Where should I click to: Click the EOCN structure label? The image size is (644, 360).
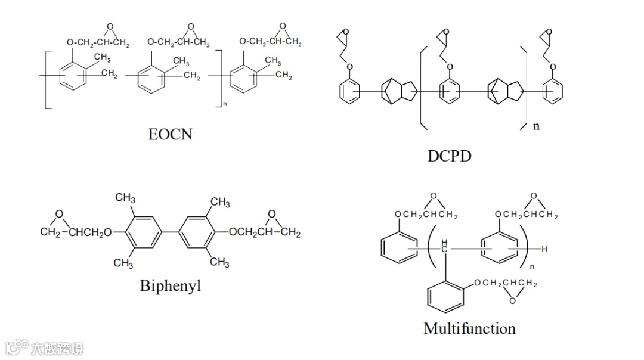(x=170, y=134)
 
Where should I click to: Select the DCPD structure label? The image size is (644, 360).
(x=449, y=156)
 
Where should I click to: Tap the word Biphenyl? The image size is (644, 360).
(x=170, y=285)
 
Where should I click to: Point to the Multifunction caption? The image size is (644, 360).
(x=469, y=328)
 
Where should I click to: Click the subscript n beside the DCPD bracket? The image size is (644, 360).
(x=536, y=126)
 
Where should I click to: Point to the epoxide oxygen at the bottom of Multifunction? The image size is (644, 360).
(x=512, y=301)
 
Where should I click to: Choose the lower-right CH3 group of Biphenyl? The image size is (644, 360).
(x=219, y=262)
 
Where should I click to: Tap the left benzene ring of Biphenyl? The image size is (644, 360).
(x=141, y=231)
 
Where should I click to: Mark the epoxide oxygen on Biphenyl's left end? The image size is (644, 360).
(x=59, y=213)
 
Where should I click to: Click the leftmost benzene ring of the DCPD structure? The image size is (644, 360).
(x=350, y=91)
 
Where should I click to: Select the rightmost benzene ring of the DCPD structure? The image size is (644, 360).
(x=553, y=91)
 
